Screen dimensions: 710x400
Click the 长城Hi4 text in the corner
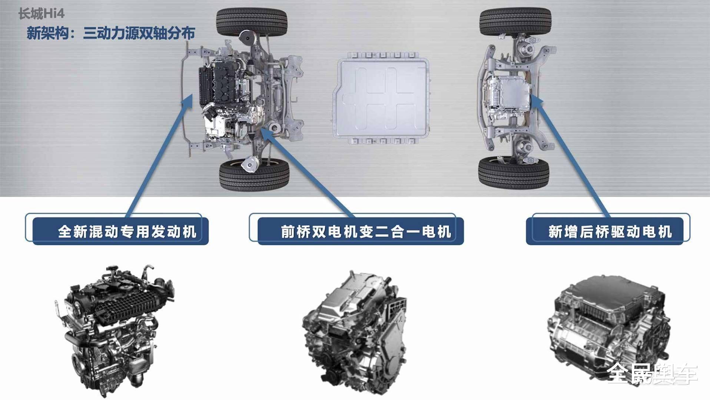(41, 14)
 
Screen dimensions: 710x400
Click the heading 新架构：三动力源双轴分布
(111, 33)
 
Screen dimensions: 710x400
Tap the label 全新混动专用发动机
(127, 232)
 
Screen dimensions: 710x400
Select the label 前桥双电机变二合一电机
(366, 232)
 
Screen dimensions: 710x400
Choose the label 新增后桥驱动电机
(610, 232)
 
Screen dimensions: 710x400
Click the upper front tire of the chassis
(252, 22)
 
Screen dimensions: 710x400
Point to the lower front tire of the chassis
(254, 174)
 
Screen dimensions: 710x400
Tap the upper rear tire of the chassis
(515, 22)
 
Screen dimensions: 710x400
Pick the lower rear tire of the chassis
(514, 172)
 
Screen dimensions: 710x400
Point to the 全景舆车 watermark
(652, 373)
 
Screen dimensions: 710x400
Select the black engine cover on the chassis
(222, 83)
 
